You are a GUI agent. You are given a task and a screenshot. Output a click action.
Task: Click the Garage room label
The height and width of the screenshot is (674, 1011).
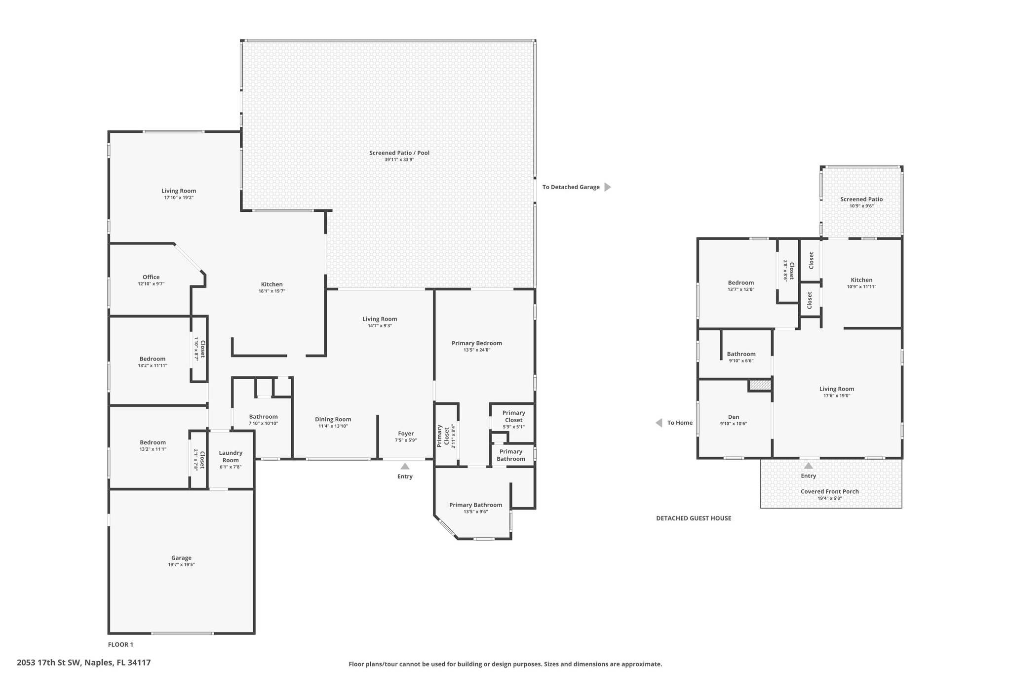[181, 558]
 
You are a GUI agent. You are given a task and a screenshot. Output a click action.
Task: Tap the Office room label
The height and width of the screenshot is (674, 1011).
[151, 277]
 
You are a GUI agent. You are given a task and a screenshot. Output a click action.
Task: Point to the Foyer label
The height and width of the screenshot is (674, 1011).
[406, 434]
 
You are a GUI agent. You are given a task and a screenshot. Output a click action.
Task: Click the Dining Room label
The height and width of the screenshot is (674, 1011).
[333, 419]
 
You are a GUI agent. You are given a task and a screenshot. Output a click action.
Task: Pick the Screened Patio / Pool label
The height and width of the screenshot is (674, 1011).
[399, 153]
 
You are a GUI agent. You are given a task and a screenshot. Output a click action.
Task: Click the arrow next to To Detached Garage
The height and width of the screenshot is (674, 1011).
[608, 187]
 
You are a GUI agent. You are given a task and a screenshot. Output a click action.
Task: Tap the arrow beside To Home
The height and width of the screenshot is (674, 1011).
[659, 423]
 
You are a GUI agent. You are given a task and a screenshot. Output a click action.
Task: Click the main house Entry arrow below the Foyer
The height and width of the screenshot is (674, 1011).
[405, 466]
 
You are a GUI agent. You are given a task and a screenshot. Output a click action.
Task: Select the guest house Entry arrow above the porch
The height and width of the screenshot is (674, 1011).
[809, 465]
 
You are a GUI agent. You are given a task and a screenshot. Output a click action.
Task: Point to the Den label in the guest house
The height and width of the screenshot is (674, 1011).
[734, 417]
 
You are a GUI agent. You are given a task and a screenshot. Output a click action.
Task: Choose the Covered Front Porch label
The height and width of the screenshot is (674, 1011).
[829, 491]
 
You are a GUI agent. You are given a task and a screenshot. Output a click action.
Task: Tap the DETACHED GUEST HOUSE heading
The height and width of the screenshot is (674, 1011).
[694, 518]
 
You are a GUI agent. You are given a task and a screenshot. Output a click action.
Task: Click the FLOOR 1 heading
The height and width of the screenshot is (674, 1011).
[120, 644]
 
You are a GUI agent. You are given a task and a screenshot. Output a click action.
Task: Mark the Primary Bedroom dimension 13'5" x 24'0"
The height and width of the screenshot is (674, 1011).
[477, 350]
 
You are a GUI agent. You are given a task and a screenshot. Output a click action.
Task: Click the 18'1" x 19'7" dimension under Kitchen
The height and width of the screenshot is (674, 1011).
[272, 291]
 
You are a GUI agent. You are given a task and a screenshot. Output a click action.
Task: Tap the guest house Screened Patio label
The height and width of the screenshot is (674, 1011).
[861, 199]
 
